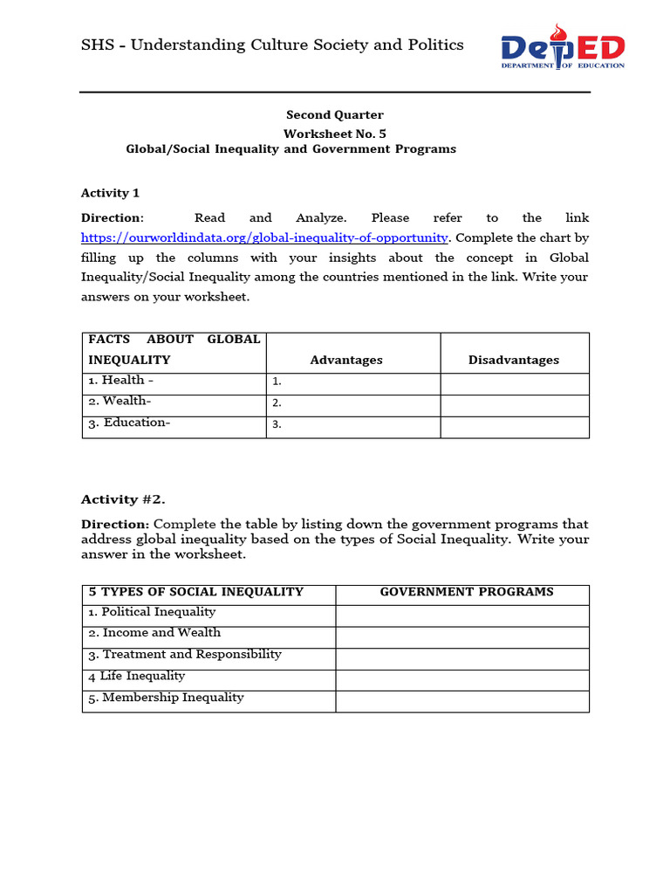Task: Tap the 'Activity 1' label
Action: point(110,193)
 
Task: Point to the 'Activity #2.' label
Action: point(123,499)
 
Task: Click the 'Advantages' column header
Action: point(346,360)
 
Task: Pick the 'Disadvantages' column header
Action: point(514,360)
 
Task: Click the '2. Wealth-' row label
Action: point(120,401)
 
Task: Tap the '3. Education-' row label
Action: point(129,423)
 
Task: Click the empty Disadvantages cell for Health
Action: point(514,383)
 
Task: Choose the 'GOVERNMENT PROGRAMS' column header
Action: point(467,592)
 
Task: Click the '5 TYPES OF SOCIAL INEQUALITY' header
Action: point(196,592)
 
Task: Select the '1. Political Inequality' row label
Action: point(152,612)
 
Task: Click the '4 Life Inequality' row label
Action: point(136,676)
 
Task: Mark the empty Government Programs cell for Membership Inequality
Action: point(462,701)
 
